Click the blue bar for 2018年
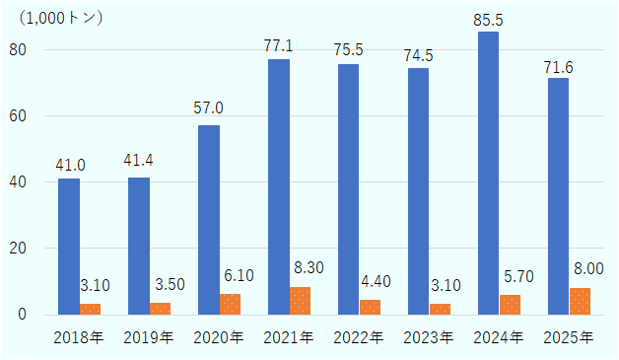tap(69, 247)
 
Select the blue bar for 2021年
tap(279, 187)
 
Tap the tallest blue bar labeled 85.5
tap(489, 173)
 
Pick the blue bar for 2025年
tap(558, 196)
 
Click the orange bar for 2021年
tap(300, 301)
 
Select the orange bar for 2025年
tap(580, 301)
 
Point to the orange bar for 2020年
tap(230, 304)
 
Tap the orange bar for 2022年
tap(370, 307)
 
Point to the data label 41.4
tap(139, 162)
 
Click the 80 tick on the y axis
tap(19, 50)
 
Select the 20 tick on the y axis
tap(19, 249)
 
